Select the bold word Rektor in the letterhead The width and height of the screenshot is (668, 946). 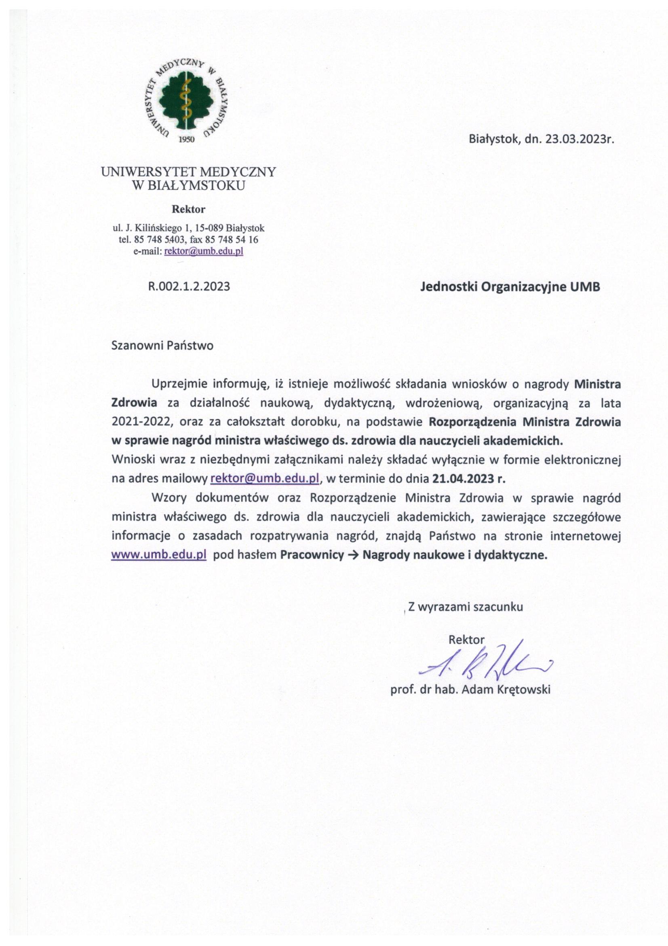188,209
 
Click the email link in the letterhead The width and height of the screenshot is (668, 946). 204,251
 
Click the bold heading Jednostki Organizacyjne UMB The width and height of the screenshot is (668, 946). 510,287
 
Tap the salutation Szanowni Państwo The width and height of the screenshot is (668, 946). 162,345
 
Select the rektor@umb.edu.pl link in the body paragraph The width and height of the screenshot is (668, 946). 265,479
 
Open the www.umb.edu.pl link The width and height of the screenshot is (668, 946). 159,555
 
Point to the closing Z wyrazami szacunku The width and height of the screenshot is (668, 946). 466,607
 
